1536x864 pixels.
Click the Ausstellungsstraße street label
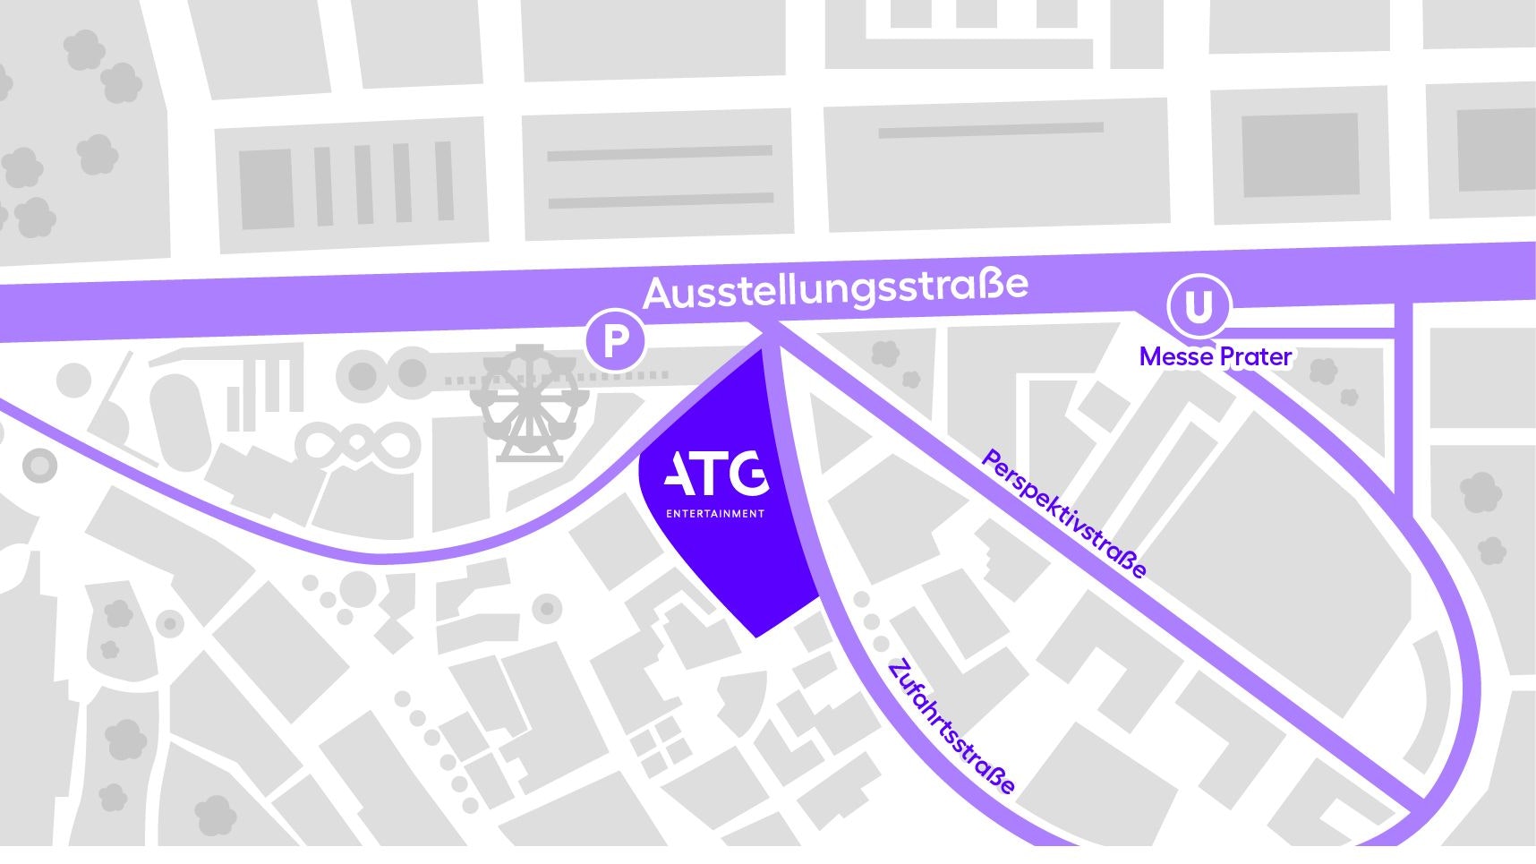pos(835,288)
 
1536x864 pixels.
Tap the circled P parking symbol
pos(615,341)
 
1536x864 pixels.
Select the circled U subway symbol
pos(1199,307)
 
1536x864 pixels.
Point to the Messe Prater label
pos(1215,356)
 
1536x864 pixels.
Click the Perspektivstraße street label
pos(1063,514)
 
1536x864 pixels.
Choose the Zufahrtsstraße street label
pos(951,727)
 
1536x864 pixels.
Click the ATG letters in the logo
pos(715,474)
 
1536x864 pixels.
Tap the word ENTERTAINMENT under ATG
pos(715,514)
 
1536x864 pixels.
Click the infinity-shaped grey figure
pos(357,442)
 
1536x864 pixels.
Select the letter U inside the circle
pos(1199,307)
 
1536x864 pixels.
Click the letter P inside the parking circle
pos(615,341)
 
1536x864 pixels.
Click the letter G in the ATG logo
pos(748,474)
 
